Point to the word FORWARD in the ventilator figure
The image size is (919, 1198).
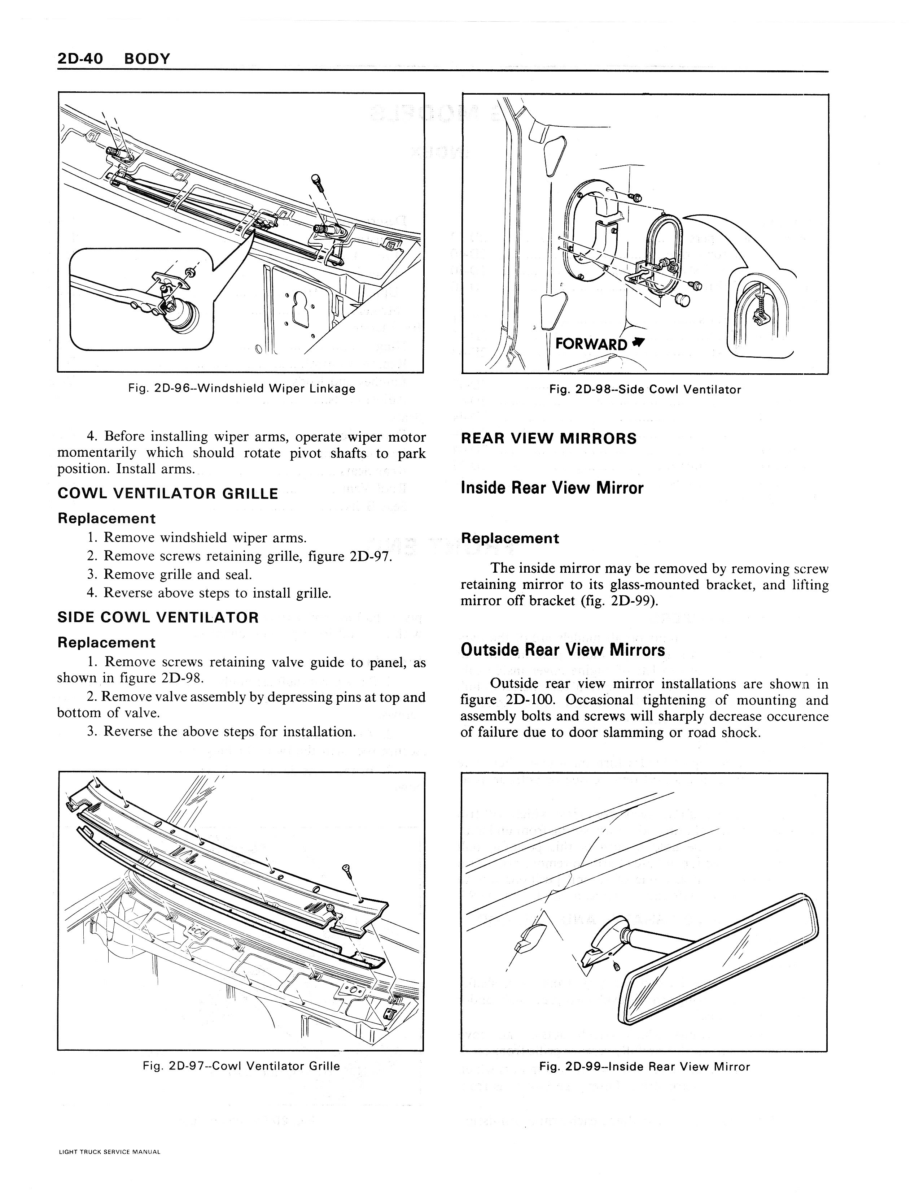tap(591, 344)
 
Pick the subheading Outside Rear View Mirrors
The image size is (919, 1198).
tap(563, 650)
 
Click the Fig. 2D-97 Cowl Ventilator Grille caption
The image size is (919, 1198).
tap(241, 1066)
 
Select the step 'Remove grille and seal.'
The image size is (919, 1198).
tap(178, 575)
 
